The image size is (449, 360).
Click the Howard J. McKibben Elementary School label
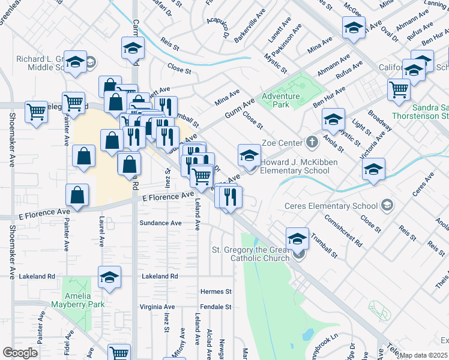[x=299, y=166]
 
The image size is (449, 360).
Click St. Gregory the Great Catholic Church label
[x=250, y=254]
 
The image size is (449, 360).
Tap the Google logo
[x=20, y=353]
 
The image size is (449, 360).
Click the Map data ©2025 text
[x=423, y=355]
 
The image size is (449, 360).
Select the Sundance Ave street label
[x=160, y=223]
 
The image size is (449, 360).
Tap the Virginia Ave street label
[x=157, y=307]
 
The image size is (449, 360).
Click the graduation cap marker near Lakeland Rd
[x=109, y=278]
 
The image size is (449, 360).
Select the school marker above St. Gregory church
[x=297, y=239]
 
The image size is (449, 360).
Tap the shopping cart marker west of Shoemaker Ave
[x=36, y=111]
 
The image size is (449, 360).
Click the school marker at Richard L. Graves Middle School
[x=75, y=62]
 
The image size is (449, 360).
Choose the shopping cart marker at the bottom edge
[x=119, y=353]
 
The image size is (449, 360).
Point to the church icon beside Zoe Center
[x=312, y=143]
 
